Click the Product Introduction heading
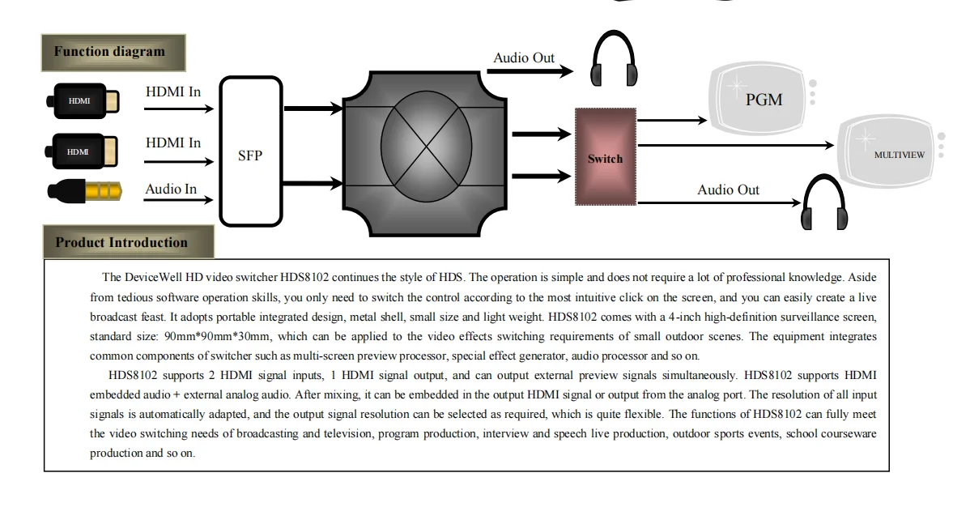tap(121, 242)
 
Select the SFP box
tap(250, 151)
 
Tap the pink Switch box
tap(605, 157)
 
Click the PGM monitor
tap(762, 99)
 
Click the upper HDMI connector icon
tap(84, 100)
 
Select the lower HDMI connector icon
tap(84, 151)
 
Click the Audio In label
tap(171, 190)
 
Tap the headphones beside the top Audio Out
tap(613, 59)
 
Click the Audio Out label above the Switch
tap(524, 58)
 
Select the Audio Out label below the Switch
tap(728, 190)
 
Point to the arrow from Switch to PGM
tap(672, 121)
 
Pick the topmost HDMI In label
tap(173, 92)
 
